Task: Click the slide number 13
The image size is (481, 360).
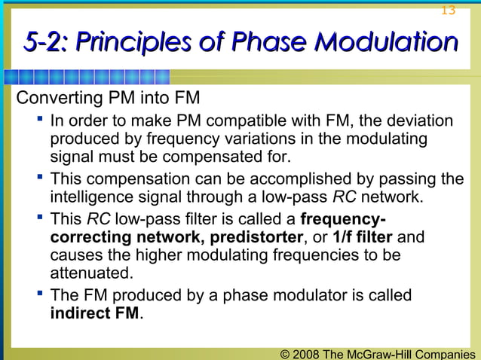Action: [x=448, y=10]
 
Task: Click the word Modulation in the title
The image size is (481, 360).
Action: [x=385, y=42]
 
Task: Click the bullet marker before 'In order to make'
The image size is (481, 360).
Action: [x=37, y=121]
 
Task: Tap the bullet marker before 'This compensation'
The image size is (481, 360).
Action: [x=37, y=178]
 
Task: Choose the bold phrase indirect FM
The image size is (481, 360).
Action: [x=95, y=314]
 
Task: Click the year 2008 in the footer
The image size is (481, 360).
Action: [x=305, y=352]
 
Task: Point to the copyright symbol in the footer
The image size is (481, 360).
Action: [x=284, y=352]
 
